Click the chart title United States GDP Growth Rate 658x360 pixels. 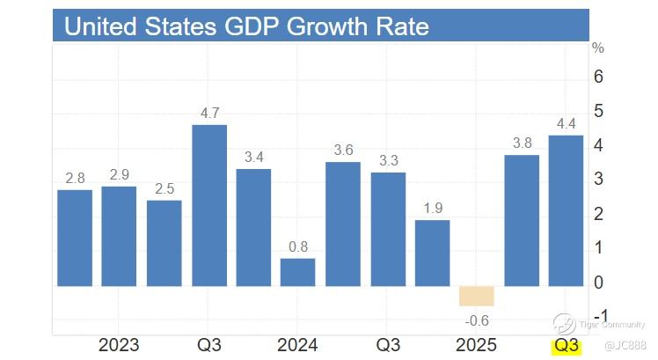click(247, 26)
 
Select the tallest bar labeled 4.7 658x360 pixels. click(209, 205)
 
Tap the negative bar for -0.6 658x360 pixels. click(477, 296)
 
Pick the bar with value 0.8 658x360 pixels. click(298, 272)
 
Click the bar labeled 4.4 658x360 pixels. click(566, 210)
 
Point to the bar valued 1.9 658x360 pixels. click(432, 253)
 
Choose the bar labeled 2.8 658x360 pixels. click(75, 238)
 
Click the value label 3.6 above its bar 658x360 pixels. click(343, 150)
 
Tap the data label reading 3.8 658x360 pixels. click(522, 143)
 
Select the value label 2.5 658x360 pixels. click(164, 187)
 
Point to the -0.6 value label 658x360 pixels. click(475, 320)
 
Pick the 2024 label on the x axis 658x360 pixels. click(298, 344)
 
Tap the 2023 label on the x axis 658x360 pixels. click(120, 344)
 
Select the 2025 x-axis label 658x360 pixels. click(476, 344)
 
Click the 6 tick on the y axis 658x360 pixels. click(599, 77)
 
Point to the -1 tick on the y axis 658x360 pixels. click(601, 317)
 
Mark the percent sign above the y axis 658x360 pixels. click(598, 48)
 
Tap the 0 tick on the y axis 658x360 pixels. click(599, 283)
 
